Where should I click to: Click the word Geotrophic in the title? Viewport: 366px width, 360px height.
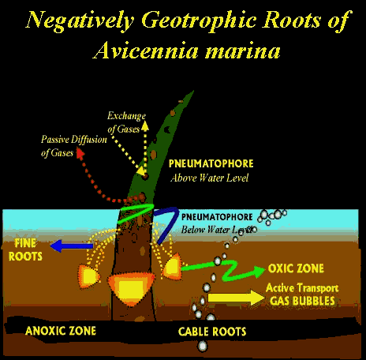click(199, 21)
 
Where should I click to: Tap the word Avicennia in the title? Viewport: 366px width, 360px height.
click(145, 50)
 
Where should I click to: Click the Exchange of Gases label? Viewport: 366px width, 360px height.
click(126, 122)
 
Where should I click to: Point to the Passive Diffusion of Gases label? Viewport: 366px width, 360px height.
click(73, 145)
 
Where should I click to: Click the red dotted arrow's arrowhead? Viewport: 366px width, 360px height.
click(80, 153)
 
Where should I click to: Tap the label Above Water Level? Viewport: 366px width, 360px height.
click(209, 178)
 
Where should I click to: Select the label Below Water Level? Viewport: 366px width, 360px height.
click(217, 230)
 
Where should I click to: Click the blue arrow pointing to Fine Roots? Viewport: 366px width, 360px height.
click(72, 246)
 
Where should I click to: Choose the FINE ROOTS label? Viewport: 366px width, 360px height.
click(25, 249)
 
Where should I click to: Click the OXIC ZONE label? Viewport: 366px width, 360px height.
click(296, 268)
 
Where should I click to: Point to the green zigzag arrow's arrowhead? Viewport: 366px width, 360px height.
click(259, 271)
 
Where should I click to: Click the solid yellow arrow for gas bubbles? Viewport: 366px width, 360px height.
click(236, 298)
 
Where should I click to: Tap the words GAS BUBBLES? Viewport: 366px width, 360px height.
click(302, 301)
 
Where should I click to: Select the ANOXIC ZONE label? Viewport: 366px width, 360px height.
click(61, 331)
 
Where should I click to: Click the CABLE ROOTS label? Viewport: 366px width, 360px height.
click(212, 332)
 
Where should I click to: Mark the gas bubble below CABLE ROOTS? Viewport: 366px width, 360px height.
click(202, 346)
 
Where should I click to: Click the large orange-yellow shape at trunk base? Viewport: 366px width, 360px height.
click(131, 287)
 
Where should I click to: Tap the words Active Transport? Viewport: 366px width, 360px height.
click(302, 288)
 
